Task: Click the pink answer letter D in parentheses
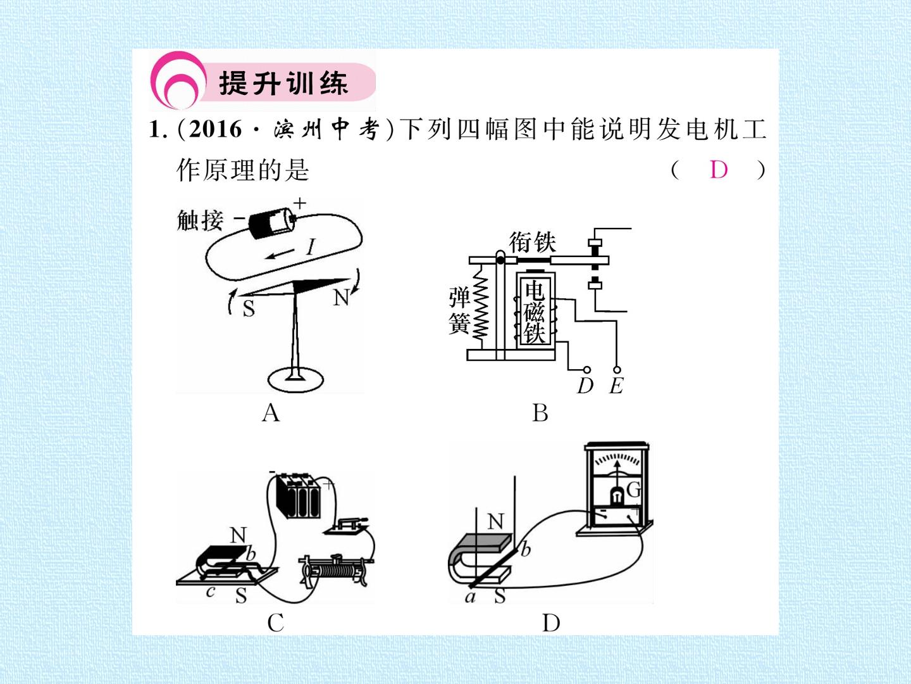[x=719, y=170]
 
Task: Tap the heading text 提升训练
[x=283, y=83]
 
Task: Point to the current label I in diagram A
[x=311, y=247]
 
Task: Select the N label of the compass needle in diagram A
[x=341, y=298]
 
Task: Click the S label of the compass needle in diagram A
[x=249, y=308]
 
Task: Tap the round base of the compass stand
[x=295, y=379]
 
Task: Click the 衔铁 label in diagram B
[x=532, y=242]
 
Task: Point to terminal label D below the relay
[x=585, y=386]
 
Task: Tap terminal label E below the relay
[x=616, y=386]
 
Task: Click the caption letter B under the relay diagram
[x=540, y=413]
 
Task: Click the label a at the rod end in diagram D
[x=470, y=597]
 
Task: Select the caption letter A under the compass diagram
[x=271, y=413]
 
